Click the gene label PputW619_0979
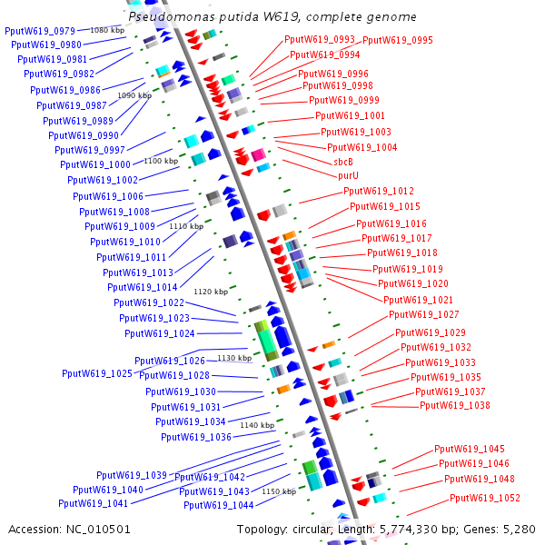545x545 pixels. click(40, 31)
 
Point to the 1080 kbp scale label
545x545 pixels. click(107, 31)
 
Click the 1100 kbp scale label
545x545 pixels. click(161, 161)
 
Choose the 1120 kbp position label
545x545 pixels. click(211, 292)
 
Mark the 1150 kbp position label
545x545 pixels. click(279, 491)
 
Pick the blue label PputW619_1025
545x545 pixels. click(97, 374)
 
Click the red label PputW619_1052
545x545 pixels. click(485, 498)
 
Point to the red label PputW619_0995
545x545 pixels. click(398, 40)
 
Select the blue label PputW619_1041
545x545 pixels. click(94, 503)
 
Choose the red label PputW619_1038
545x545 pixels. click(455, 406)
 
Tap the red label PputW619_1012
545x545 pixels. click(379, 192)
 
